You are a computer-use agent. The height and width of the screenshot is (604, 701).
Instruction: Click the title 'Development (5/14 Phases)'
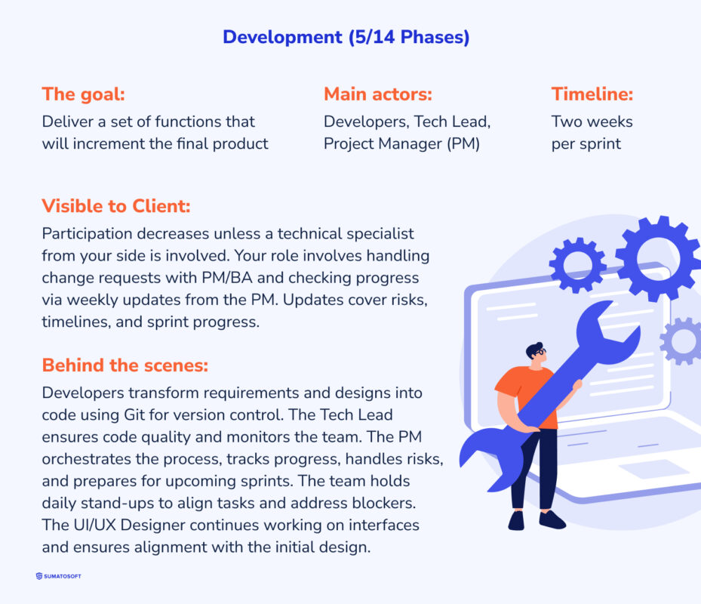346,37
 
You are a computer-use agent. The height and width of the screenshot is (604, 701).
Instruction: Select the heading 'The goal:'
83,94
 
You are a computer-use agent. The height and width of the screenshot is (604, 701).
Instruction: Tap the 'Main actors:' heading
377,94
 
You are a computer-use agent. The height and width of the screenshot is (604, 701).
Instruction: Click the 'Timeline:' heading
592,94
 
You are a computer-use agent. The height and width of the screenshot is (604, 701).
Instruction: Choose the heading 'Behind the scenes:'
125,365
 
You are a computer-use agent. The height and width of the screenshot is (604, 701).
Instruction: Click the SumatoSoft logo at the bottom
59,576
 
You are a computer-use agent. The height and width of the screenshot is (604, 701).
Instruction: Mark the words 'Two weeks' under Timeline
592,122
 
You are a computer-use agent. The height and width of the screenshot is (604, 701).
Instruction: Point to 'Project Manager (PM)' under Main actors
401,143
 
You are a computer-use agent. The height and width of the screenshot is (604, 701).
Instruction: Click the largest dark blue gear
656,258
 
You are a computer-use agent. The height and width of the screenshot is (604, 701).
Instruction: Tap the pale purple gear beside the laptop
682,341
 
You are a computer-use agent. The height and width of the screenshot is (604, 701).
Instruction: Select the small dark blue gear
577,265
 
